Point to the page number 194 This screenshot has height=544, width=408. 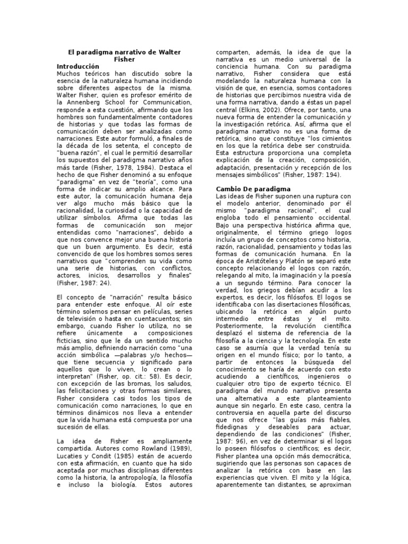pos(333,174)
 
